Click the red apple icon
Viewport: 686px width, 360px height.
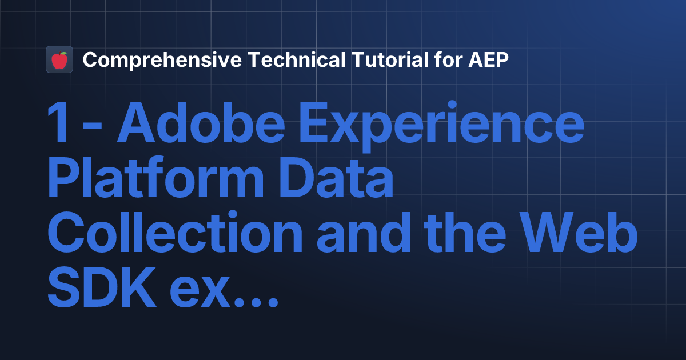point(59,59)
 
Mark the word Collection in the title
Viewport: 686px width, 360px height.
point(174,236)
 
